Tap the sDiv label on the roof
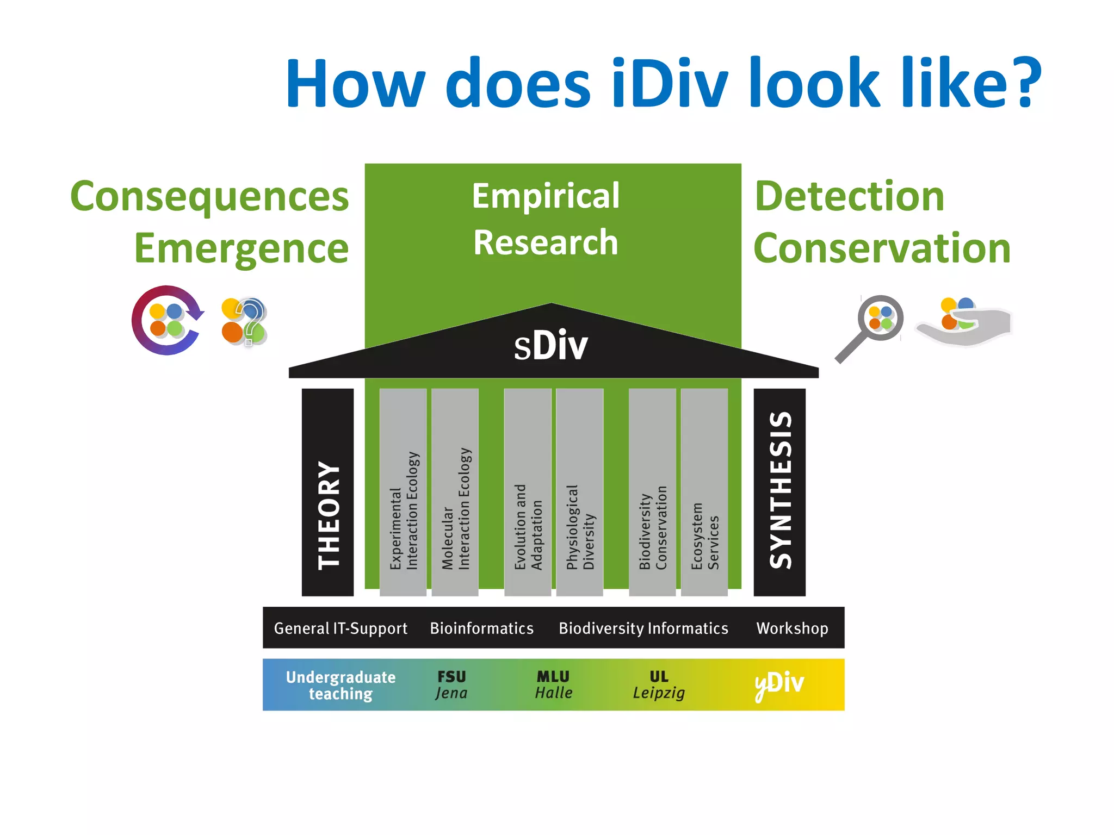pyautogui.click(x=551, y=346)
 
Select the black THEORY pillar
pyautogui.click(x=327, y=492)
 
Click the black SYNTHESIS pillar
pyautogui.click(x=779, y=492)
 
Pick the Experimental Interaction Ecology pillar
pyautogui.click(x=403, y=492)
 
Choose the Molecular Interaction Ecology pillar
pyautogui.click(x=455, y=492)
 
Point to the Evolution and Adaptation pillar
pyautogui.click(x=528, y=492)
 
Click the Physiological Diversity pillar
pyautogui.click(x=580, y=492)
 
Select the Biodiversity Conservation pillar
pyautogui.click(x=652, y=492)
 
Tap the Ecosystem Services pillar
pyautogui.click(x=704, y=492)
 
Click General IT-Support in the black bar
pyautogui.click(x=341, y=628)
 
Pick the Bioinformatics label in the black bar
pyautogui.click(x=481, y=628)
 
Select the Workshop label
pyautogui.click(x=792, y=628)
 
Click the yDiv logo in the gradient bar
pyautogui.click(x=779, y=684)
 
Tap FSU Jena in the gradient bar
pyautogui.click(x=451, y=684)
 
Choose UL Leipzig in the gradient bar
pyautogui.click(x=659, y=684)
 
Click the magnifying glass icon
pyautogui.click(x=873, y=325)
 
